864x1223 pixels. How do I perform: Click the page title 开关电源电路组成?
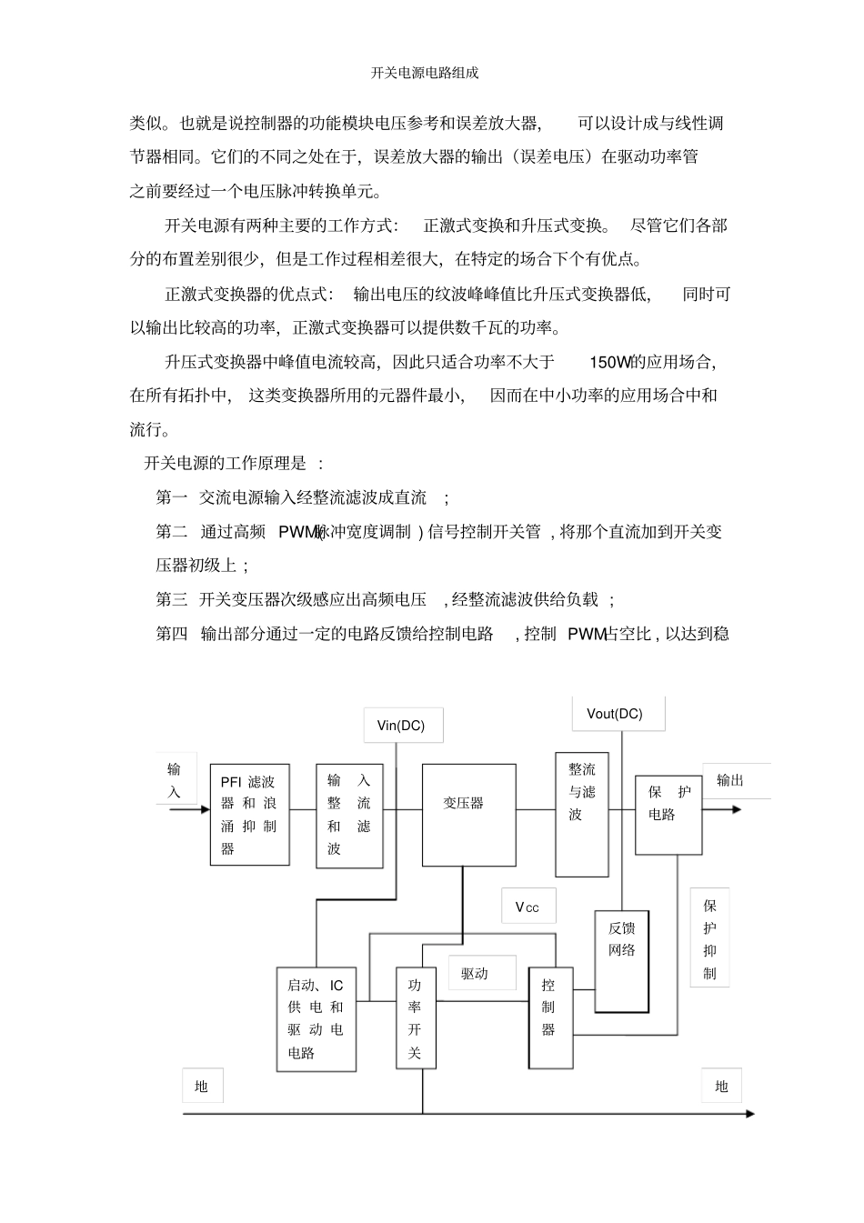click(425, 73)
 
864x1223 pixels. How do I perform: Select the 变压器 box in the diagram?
click(468, 815)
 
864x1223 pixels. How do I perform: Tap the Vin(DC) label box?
click(403, 725)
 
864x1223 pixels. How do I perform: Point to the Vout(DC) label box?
click(618, 714)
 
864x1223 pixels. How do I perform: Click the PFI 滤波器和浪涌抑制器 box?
click(249, 815)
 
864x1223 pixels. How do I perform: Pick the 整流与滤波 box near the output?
click(582, 814)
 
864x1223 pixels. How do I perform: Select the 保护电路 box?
click(668, 815)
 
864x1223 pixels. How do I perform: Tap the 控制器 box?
click(550, 1017)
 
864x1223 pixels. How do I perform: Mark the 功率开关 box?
click(416, 1017)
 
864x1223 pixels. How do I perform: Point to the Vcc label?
click(528, 907)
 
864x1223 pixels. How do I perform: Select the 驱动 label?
click(482, 973)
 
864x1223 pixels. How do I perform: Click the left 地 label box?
click(202, 1086)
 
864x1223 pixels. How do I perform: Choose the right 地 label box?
click(721, 1086)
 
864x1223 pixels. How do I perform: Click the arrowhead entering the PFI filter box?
click(206, 809)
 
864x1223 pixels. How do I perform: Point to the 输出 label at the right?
click(730, 780)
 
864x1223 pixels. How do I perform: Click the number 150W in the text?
click(610, 362)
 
